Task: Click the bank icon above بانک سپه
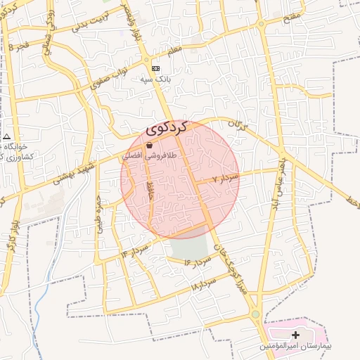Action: pos(155,68)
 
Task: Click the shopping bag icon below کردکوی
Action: pos(149,145)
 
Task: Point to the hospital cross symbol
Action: pos(295,335)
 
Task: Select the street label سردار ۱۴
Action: pos(134,248)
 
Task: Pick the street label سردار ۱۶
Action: pos(198,262)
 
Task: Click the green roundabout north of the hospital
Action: pos(255,314)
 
